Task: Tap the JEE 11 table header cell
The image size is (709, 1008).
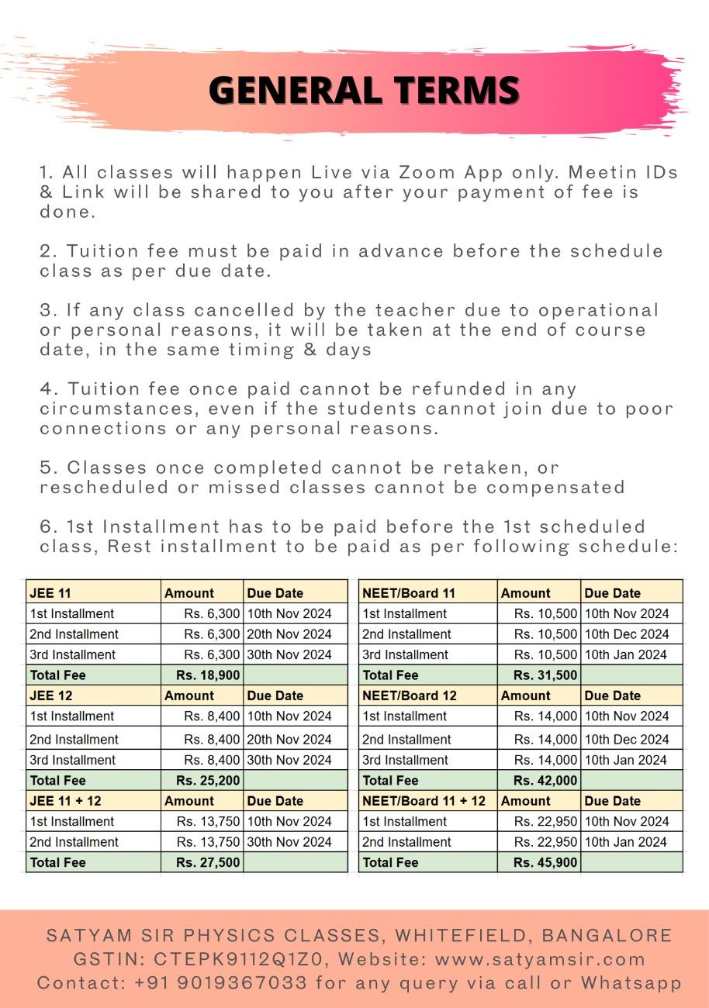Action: pyautogui.click(x=50, y=593)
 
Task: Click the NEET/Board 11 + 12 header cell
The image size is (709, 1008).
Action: pyautogui.click(x=424, y=801)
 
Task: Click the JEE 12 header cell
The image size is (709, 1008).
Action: pyautogui.click(x=50, y=696)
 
